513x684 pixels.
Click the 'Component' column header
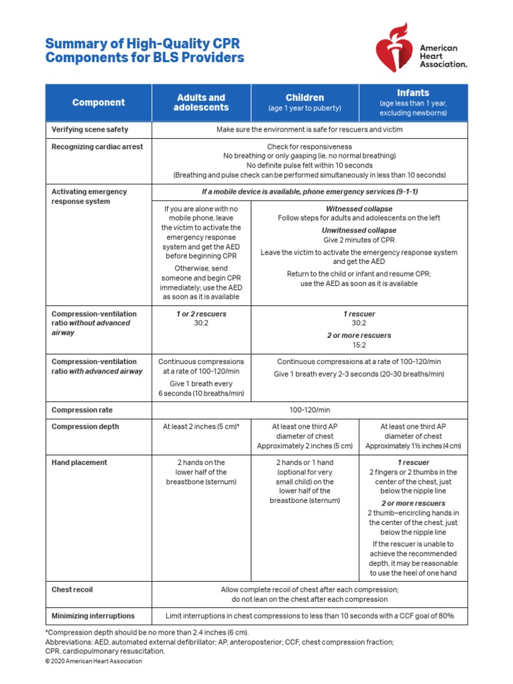tap(98, 102)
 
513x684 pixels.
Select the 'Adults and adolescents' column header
tap(201, 102)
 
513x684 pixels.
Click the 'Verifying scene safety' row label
tap(90, 129)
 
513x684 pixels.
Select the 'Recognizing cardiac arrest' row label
tap(97, 146)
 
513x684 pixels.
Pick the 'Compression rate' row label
tap(83, 409)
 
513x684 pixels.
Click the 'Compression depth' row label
tap(85, 426)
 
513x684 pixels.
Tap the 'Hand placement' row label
tap(79, 462)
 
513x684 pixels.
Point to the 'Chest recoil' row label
tap(73, 590)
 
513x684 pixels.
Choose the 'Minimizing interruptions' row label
tap(93, 616)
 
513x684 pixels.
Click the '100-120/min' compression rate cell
tap(310, 409)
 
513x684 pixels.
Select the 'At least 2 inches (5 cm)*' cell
tap(201, 426)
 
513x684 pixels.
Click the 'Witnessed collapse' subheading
tap(359, 208)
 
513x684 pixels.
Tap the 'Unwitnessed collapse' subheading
tap(359, 230)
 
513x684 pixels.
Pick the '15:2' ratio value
tap(359, 345)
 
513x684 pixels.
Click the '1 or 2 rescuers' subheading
tap(201, 313)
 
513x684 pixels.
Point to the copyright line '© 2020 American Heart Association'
tap(94, 661)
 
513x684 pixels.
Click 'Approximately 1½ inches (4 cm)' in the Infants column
tap(413, 446)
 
